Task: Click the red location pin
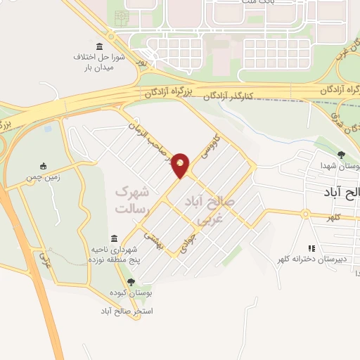181,165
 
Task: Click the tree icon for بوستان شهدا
341,155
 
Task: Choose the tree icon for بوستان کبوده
122,281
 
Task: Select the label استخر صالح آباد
127,310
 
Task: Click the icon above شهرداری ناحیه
114,239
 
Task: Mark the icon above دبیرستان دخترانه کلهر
311,247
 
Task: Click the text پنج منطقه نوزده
117,259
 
